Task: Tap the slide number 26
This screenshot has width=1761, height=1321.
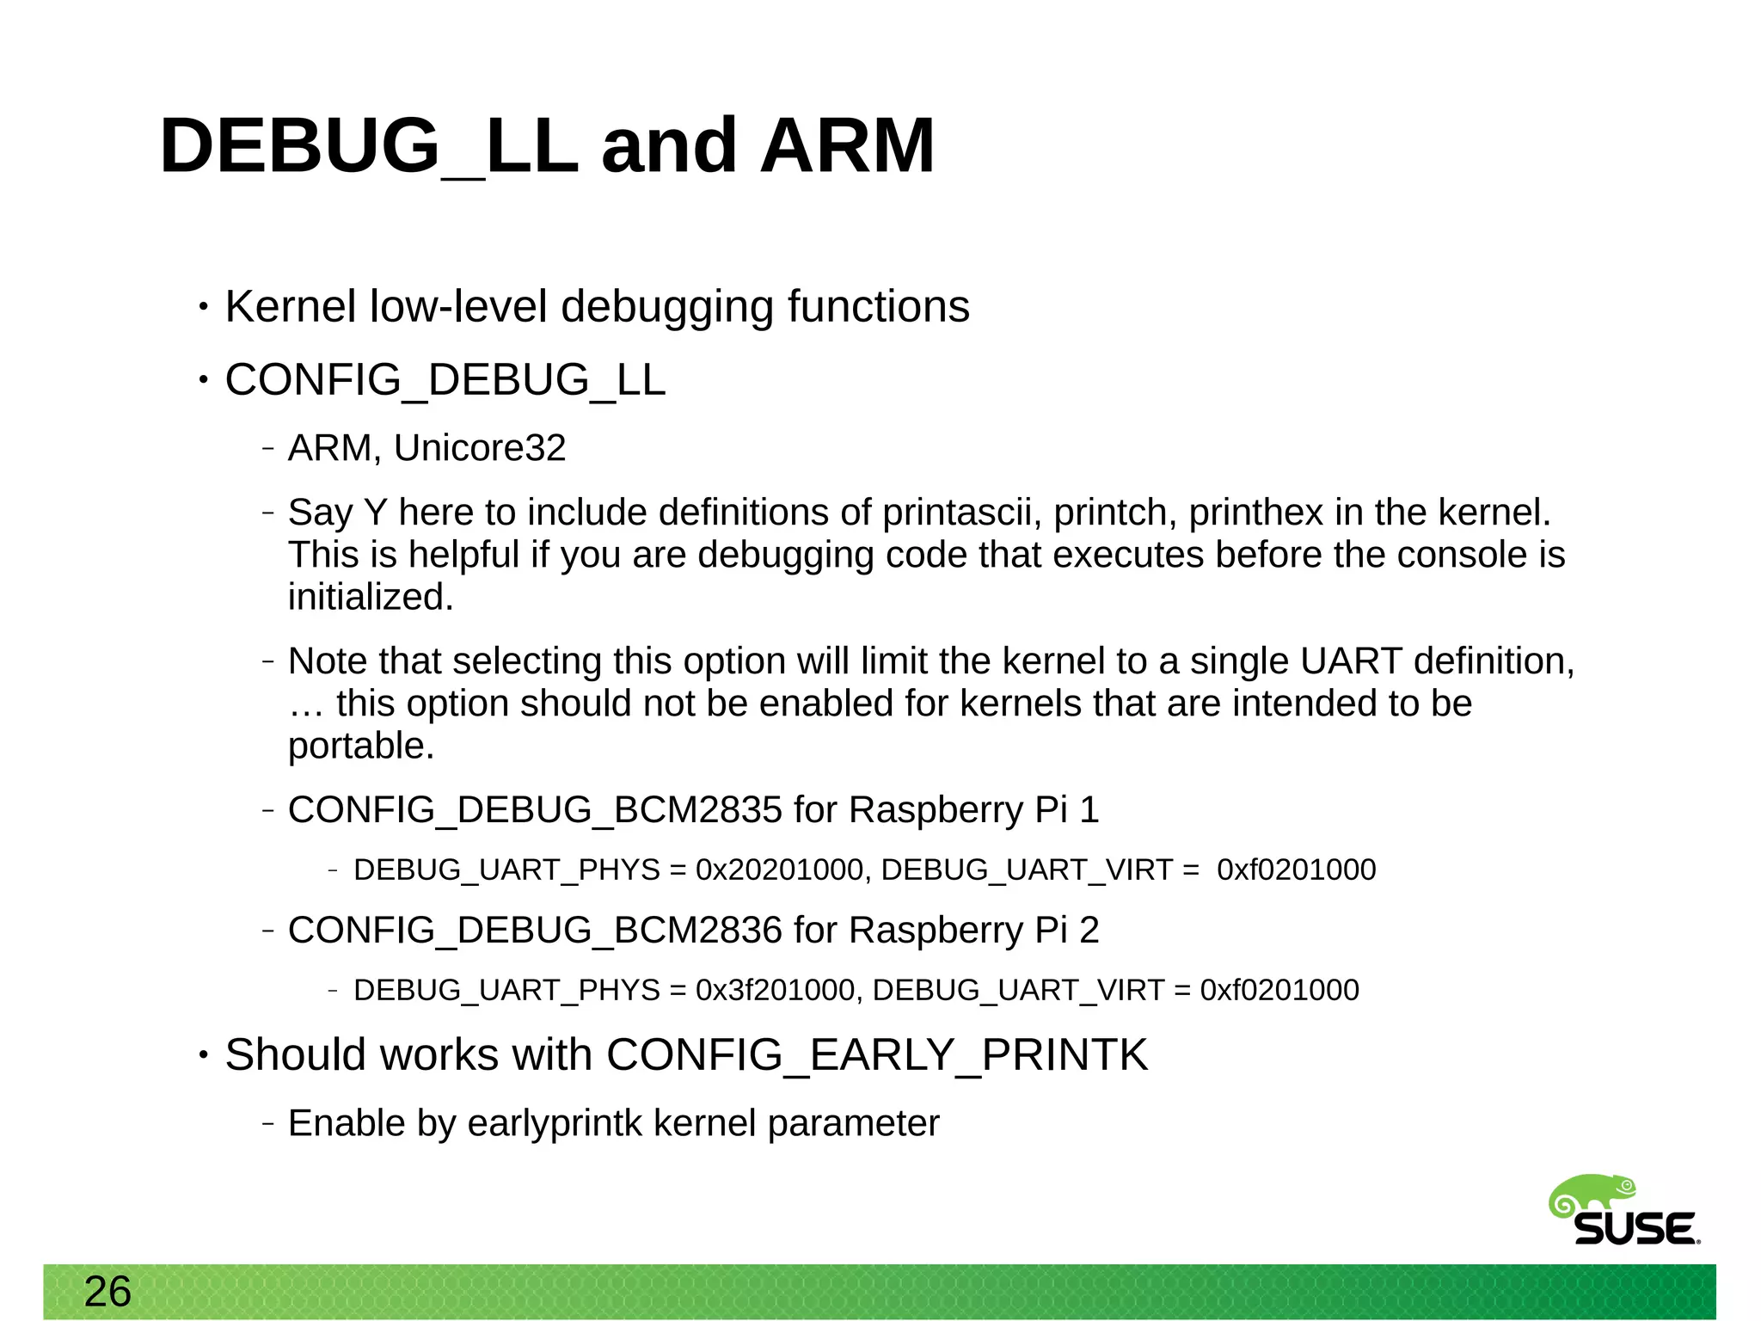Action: (x=107, y=1292)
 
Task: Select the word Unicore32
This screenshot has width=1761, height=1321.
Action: (x=480, y=448)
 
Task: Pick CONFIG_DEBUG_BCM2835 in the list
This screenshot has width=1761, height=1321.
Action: (x=535, y=810)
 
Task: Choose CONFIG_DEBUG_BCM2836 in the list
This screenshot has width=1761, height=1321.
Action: (x=535, y=931)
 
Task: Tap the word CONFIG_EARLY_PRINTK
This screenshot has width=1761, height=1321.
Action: (x=877, y=1055)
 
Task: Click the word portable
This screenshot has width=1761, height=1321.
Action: (x=360, y=747)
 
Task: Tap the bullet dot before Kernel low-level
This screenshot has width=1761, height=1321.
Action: (x=203, y=307)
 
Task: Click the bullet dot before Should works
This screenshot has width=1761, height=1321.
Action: (x=203, y=1055)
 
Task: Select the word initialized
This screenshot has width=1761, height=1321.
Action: (x=370, y=597)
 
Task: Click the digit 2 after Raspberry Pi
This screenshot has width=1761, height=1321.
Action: (x=1089, y=931)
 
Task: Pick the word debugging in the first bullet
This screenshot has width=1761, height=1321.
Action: (x=667, y=307)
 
